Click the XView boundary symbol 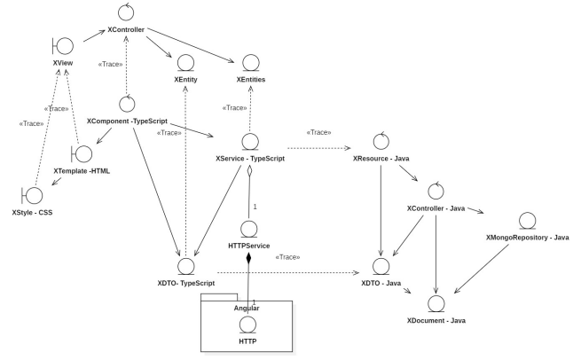coord(63,46)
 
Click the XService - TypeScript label coord(250,158)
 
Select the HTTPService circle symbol coord(249,229)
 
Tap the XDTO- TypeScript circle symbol coord(185,264)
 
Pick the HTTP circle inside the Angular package coord(249,323)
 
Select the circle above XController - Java coord(436,191)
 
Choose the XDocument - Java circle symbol coord(436,302)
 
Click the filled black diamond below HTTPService coord(249,258)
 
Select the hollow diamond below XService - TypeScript coord(249,175)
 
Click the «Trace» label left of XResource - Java coord(318,132)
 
